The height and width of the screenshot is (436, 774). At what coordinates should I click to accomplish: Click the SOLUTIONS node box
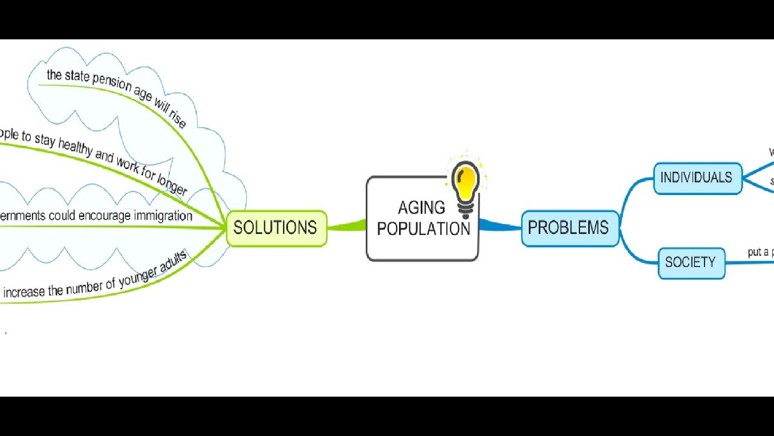point(276,228)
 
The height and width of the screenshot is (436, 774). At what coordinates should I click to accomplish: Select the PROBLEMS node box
point(569,228)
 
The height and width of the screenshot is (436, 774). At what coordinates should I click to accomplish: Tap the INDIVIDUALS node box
point(697,178)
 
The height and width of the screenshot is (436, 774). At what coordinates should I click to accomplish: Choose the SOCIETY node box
point(691,263)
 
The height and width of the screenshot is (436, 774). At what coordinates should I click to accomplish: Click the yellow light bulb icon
point(466,185)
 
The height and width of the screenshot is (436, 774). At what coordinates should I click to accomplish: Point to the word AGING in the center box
point(421,208)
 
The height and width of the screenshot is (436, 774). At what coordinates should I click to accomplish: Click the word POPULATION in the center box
point(423,230)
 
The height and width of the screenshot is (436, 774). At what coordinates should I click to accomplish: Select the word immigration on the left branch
point(163,216)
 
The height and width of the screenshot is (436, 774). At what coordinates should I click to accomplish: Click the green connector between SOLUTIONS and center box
point(346,227)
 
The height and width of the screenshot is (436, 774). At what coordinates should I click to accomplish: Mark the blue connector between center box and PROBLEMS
point(499,226)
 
